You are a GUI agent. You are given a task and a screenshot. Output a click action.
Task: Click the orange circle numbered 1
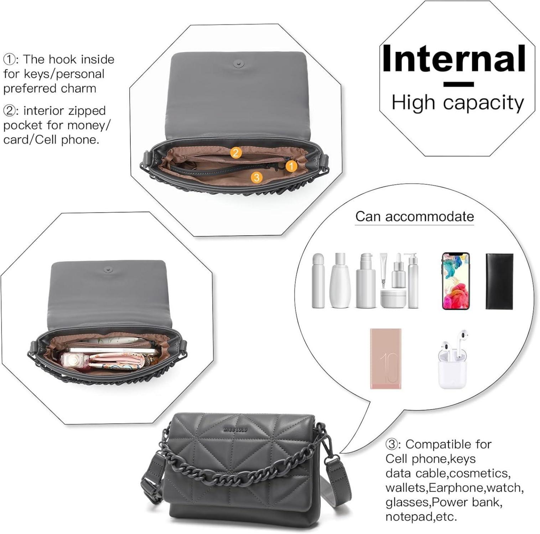(291, 166)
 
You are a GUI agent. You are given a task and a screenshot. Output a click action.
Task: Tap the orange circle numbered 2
(235, 153)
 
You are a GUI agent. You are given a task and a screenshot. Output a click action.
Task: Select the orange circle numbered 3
(256, 177)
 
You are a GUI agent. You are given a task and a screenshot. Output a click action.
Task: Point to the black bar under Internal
(458, 84)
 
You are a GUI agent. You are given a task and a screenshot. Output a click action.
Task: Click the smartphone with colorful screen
(456, 281)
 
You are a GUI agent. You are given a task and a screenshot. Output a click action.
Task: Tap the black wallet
(499, 281)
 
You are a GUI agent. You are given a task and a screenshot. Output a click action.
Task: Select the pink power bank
(385, 358)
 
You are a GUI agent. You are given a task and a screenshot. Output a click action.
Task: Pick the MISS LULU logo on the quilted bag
(235, 430)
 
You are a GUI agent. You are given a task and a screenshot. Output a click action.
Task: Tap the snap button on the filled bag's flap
(108, 269)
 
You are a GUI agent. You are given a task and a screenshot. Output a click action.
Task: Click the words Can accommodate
(415, 216)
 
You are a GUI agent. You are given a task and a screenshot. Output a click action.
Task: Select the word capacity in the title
(483, 103)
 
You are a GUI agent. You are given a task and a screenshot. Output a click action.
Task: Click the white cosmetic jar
(393, 298)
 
